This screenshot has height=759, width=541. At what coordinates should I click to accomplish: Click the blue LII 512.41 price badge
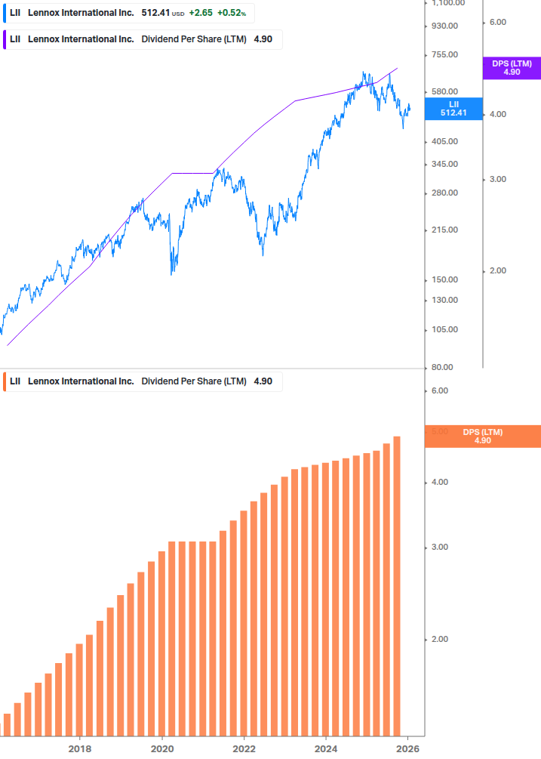453,109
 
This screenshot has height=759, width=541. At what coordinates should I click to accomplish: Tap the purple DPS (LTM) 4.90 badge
512,68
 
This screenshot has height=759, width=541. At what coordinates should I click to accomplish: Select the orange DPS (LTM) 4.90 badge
482,437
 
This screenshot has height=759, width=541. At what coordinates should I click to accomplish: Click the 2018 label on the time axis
80,748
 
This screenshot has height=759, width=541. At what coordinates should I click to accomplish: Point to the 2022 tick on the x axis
244,748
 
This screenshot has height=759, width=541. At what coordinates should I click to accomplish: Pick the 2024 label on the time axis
325,748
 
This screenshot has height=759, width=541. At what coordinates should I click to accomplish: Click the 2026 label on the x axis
407,748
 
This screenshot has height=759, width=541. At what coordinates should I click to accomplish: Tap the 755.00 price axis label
444,54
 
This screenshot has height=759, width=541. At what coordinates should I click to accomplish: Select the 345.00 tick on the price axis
444,164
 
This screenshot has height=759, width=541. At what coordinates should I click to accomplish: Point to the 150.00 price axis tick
444,279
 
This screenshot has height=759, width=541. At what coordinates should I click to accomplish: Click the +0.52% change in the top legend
232,13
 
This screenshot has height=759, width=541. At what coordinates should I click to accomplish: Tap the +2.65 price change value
200,13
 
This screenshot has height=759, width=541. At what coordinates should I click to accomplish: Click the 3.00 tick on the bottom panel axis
439,547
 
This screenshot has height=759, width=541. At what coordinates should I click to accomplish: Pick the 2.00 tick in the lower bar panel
439,639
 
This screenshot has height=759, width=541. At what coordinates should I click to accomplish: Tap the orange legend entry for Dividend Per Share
140,381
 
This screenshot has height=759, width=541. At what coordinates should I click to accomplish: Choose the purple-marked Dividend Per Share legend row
140,39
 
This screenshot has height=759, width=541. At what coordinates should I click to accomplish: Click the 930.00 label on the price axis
444,26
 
